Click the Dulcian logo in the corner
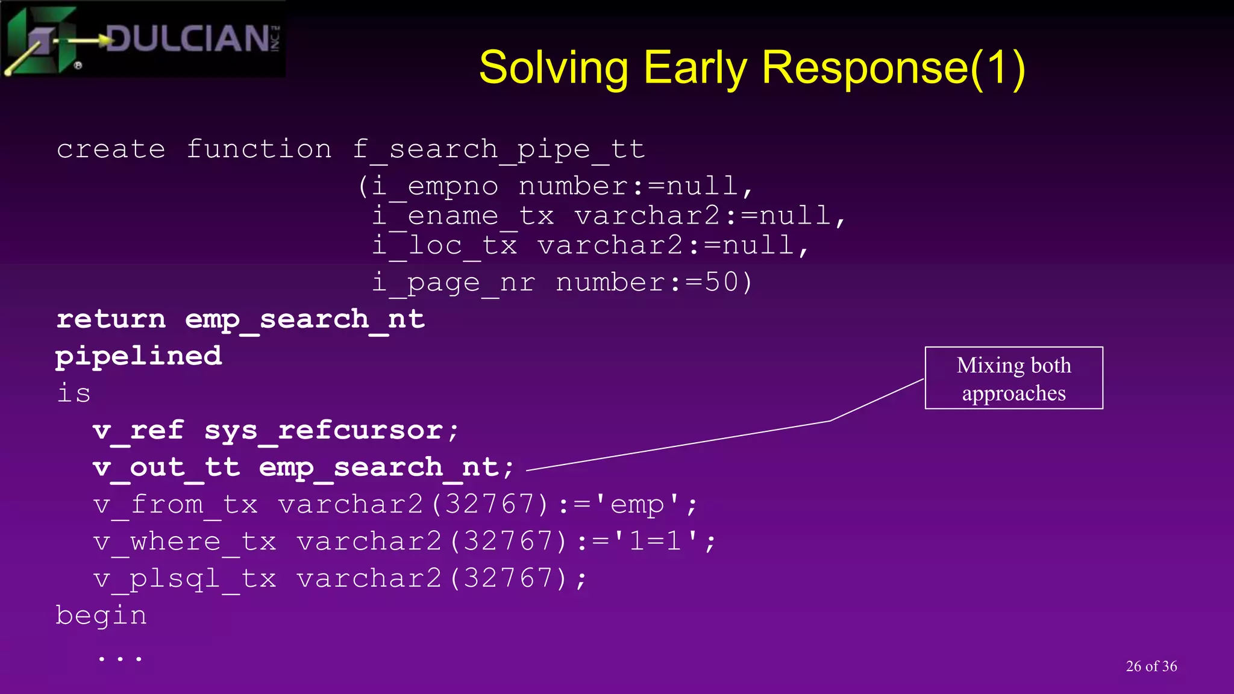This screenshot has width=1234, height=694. coord(143,40)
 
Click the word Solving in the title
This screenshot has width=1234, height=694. coord(554,67)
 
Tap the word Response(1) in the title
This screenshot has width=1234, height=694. coord(894,67)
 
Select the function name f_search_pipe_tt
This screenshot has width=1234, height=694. coord(499,149)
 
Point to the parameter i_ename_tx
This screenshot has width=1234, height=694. coord(463,216)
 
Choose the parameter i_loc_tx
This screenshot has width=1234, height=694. coord(444,246)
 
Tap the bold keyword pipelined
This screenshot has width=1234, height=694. coord(139,356)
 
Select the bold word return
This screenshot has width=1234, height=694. coord(111,319)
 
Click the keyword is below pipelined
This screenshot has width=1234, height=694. coord(74,393)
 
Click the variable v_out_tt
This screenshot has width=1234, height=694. coord(167,467)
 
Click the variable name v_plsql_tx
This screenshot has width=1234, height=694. coord(185,578)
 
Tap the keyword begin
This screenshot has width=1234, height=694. coord(101,616)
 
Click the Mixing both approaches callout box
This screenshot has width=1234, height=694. coord(1013,378)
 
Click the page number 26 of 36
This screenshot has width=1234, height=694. coord(1151,666)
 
